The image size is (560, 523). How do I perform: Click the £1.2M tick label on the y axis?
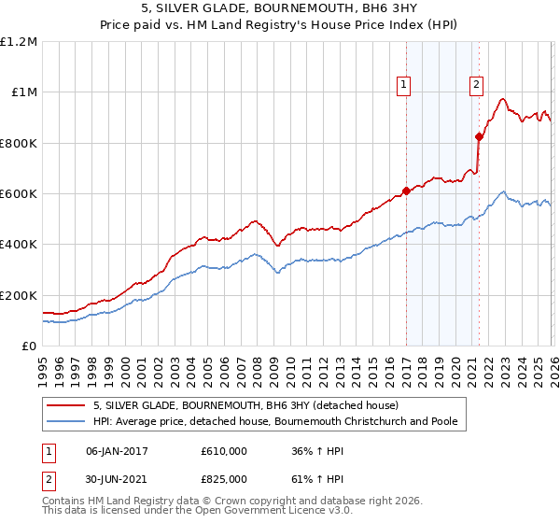(19, 41)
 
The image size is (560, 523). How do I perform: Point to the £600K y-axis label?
(19, 194)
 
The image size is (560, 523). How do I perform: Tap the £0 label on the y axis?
(28, 346)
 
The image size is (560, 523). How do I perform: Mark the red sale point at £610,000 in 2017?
(406, 191)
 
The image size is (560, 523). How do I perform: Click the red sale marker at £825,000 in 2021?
(480, 136)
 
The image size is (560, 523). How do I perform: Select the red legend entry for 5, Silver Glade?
(245, 405)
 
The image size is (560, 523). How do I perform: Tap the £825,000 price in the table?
(224, 478)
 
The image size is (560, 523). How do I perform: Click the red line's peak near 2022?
(502, 98)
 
